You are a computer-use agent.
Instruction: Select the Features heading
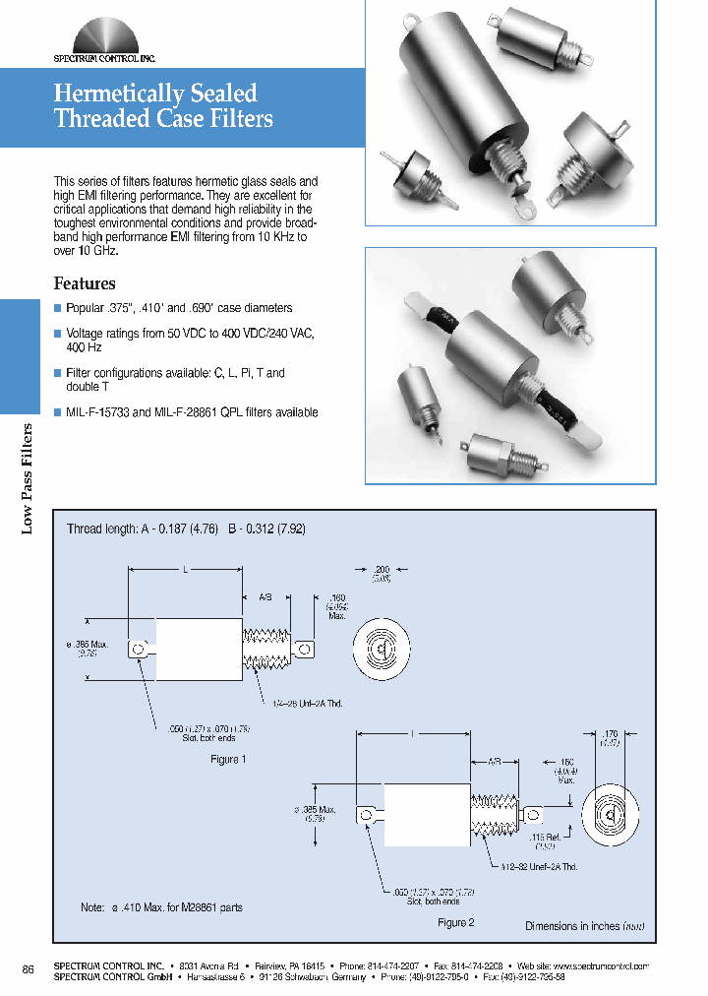pyautogui.click(x=84, y=283)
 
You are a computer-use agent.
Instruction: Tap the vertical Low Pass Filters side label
pyautogui.click(x=28, y=478)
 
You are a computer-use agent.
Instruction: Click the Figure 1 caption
pyautogui.click(x=228, y=759)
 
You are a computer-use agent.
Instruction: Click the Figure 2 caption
pyautogui.click(x=455, y=922)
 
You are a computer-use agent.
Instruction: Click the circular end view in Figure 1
pyautogui.click(x=381, y=649)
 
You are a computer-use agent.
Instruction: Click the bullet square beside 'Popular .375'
pyautogui.click(x=57, y=308)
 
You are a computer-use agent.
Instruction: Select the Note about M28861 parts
pyautogui.click(x=160, y=907)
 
